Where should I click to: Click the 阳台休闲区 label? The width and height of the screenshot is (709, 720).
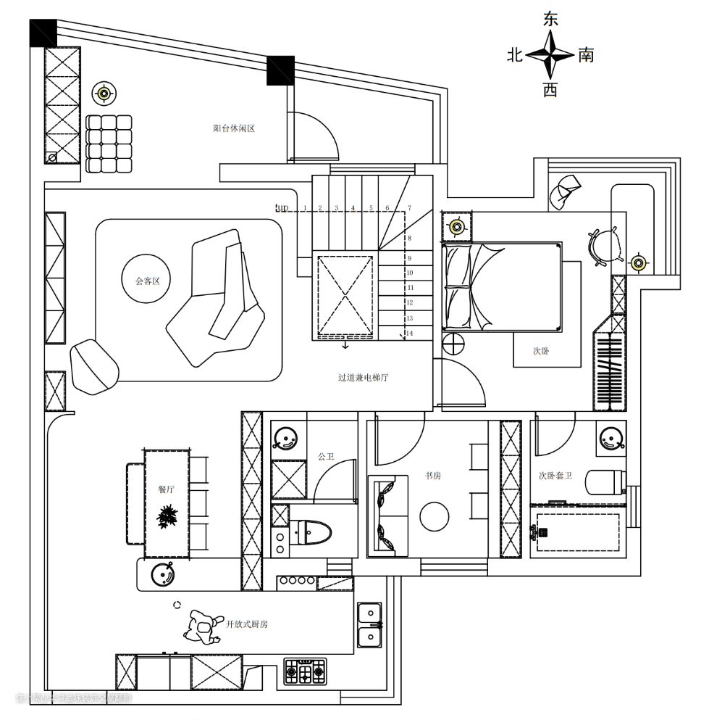pos(234,128)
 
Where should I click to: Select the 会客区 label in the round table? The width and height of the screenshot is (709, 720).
pos(147,281)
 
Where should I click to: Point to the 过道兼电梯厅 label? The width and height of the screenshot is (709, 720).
pos(363,377)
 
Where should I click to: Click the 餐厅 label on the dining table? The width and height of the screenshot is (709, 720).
pos(167,489)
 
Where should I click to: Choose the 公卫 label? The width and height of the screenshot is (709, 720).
pos(325,457)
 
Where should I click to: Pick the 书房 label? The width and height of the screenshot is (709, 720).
pos(433,476)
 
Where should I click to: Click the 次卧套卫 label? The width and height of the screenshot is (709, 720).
pos(555,476)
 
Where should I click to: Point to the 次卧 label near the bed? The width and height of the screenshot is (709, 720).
pos(541,351)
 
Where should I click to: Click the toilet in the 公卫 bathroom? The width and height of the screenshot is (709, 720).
pos(311,535)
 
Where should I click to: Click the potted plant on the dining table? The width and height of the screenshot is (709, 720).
pos(168,518)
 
